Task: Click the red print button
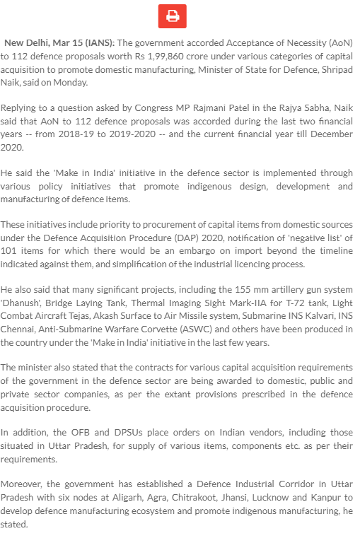172,16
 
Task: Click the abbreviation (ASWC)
187,329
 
